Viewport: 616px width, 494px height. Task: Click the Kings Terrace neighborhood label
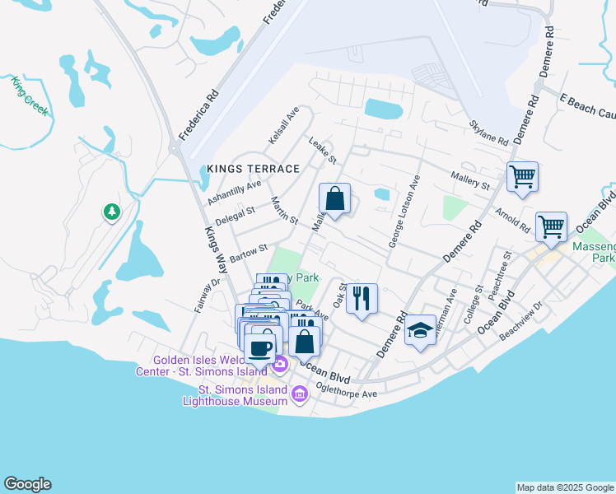[253, 169]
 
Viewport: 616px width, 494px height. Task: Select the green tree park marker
[111, 212]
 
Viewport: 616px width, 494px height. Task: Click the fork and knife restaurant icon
[361, 297]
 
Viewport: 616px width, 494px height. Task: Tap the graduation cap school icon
[421, 330]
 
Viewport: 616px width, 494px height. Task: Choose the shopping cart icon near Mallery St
[522, 176]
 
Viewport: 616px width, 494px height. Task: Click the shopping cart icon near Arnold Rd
[550, 226]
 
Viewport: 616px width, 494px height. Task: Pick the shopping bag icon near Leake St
[334, 198]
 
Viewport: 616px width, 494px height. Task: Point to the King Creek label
[30, 95]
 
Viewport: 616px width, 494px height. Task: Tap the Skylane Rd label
[488, 132]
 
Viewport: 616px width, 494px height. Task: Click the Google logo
[27, 484]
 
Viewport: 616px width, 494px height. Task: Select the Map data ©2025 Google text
[565, 487]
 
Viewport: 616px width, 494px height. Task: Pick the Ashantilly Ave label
[234, 193]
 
